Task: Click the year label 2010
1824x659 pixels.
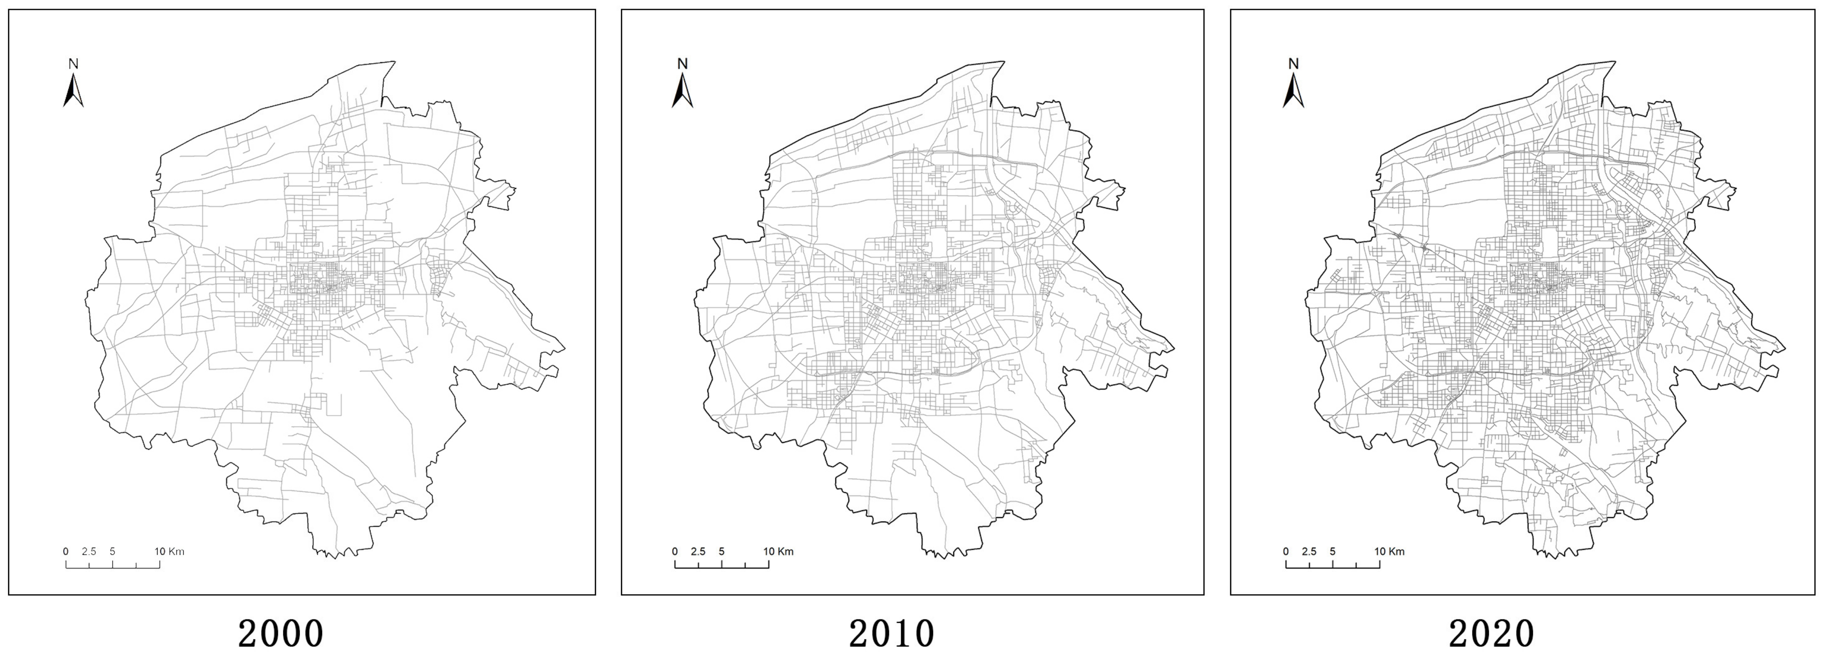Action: (x=892, y=633)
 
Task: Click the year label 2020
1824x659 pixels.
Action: (x=1491, y=633)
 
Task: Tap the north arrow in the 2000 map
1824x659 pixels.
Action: (x=73, y=90)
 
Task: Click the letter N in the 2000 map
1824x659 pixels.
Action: (x=73, y=64)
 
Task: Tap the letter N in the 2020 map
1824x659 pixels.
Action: (x=1293, y=64)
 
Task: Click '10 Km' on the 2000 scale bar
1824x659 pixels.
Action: (x=169, y=552)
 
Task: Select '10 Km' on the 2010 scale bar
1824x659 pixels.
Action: (x=778, y=552)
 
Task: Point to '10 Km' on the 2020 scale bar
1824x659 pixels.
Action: (x=1389, y=552)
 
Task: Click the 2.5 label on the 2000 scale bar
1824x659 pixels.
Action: (x=88, y=552)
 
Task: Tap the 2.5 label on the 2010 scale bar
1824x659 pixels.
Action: (x=697, y=552)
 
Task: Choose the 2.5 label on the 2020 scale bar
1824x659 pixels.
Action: (x=1309, y=552)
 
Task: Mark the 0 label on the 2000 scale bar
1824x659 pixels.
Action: (x=66, y=552)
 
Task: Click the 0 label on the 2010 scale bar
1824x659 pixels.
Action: (x=675, y=552)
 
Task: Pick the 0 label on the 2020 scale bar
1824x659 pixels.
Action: (x=1286, y=552)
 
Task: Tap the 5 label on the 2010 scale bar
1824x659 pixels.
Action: (x=721, y=552)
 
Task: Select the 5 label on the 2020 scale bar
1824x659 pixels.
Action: (x=1333, y=552)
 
